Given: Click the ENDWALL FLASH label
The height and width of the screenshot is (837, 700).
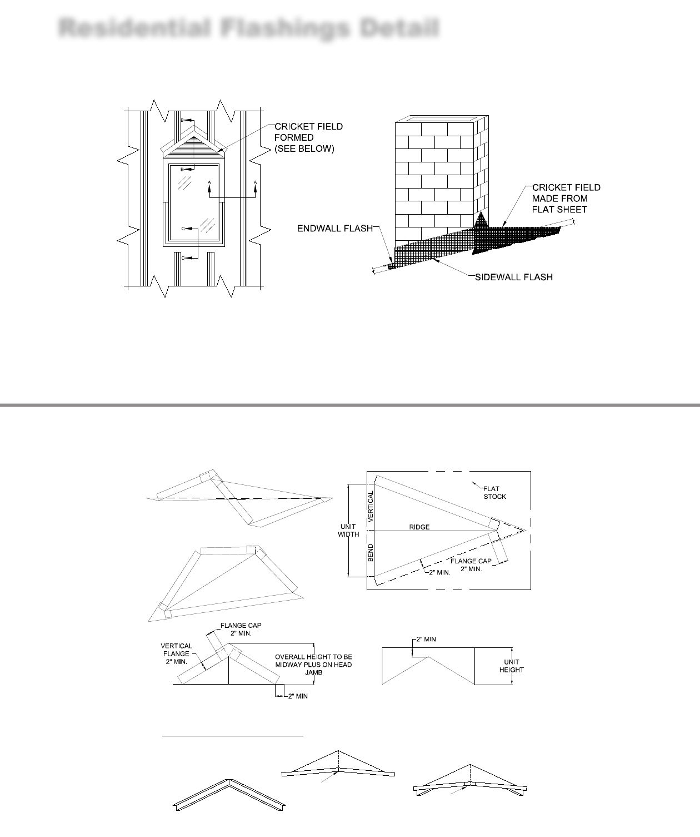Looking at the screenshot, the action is [x=334, y=229].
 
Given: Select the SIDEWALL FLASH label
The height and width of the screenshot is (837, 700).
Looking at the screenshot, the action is [x=513, y=277].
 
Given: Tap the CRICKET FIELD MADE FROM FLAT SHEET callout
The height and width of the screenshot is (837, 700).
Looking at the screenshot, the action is [x=566, y=199].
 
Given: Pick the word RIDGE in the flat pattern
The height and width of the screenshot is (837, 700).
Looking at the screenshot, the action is [x=419, y=527].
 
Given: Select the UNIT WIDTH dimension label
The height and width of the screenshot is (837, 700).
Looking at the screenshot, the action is [x=348, y=531].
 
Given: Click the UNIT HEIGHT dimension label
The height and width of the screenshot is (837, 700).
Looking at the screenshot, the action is [x=511, y=666].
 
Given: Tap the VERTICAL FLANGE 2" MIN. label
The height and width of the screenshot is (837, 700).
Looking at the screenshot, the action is [x=176, y=654].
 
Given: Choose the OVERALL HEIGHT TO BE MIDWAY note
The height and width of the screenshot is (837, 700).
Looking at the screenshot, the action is [x=313, y=665].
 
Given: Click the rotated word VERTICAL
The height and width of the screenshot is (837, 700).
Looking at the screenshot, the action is [x=371, y=508].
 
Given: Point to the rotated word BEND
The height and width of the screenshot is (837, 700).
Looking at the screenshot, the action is [x=371, y=553].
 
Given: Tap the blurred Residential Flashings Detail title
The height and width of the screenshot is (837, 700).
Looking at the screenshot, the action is [x=249, y=28].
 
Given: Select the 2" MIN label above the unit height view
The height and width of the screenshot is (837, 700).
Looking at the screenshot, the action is [x=425, y=640].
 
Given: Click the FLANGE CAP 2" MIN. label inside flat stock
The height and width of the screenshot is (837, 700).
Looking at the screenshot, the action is [x=471, y=565].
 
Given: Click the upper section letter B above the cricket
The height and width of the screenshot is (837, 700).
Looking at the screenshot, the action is [x=182, y=120].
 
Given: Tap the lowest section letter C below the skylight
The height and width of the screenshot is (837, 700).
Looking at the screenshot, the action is [x=182, y=258].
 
